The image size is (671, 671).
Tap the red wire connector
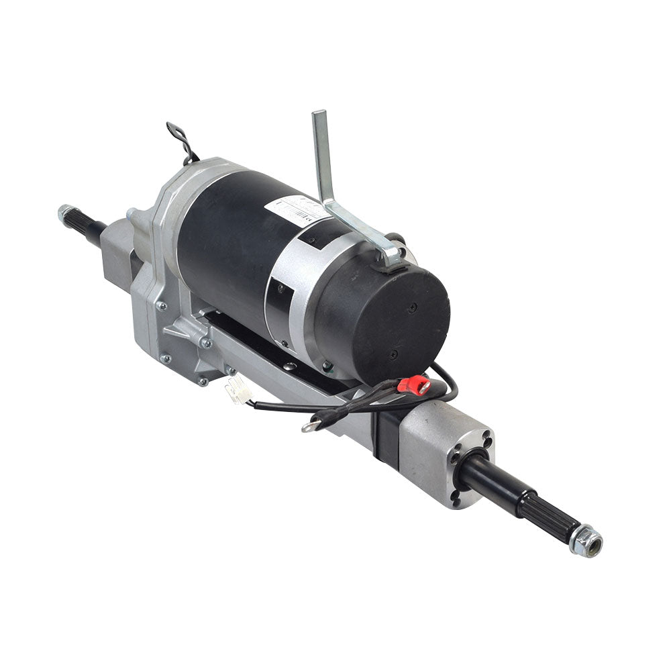[413, 384]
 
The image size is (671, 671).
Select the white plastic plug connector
[239, 390]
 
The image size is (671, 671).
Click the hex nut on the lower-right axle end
[585, 540]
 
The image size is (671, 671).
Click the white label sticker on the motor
[295, 207]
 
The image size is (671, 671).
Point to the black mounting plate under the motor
[268, 349]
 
